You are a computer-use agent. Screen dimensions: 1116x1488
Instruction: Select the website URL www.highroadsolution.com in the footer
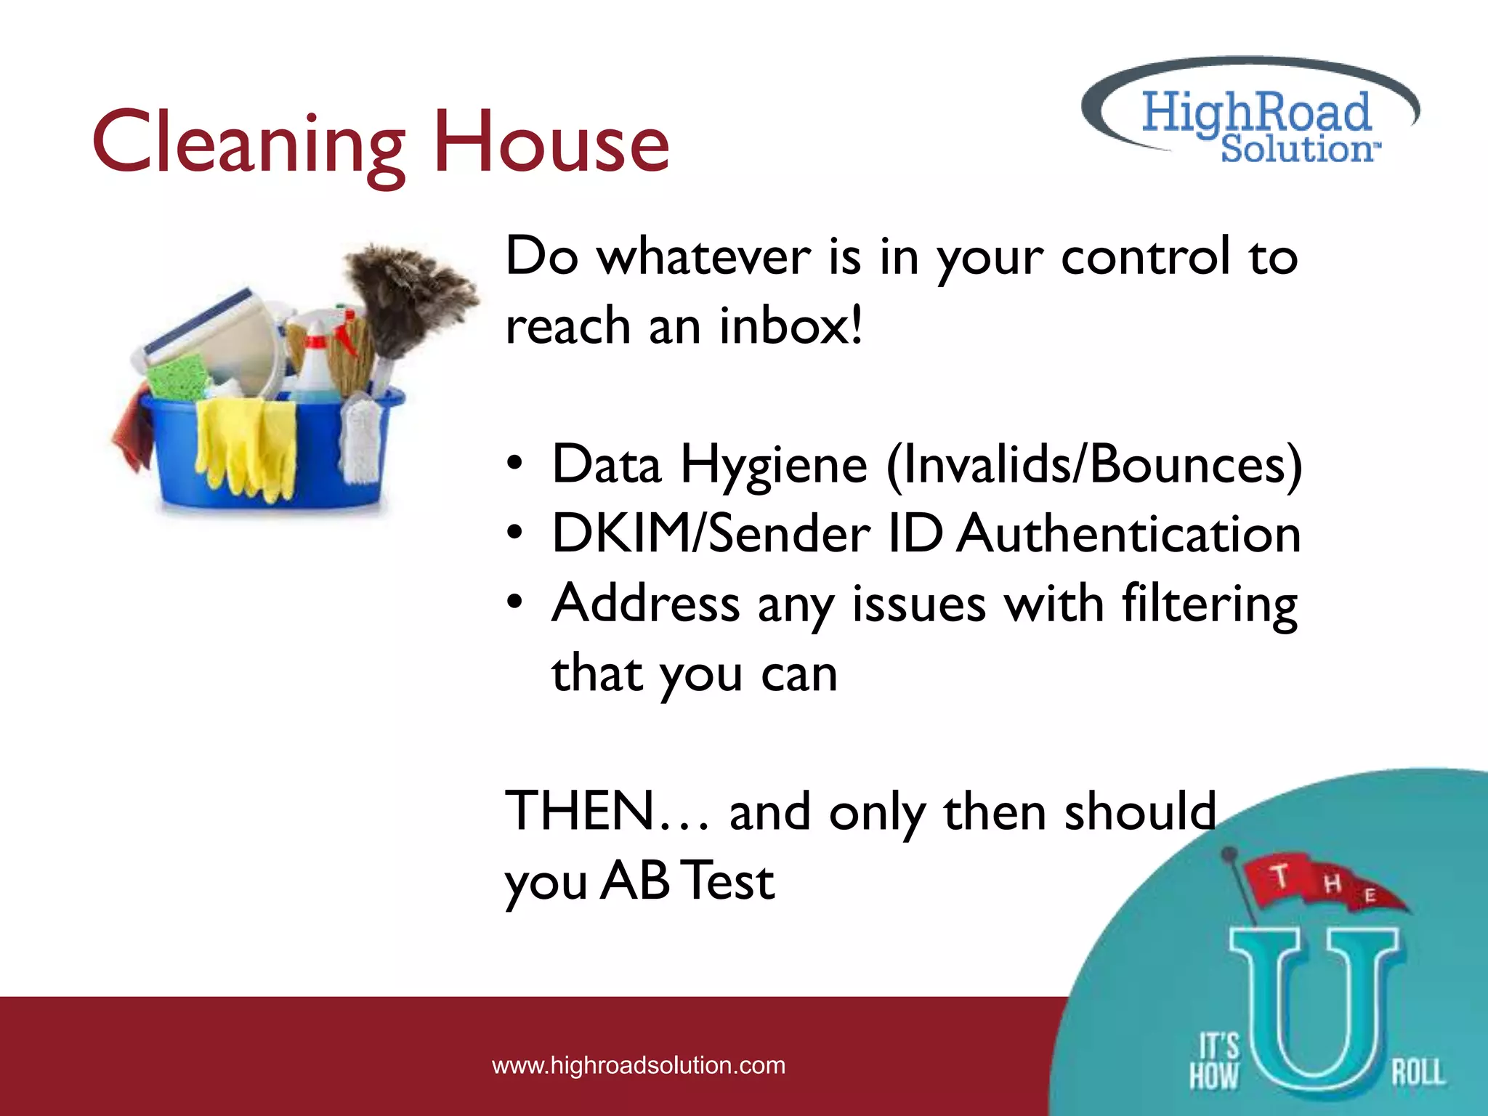pyautogui.click(x=639, y=1065)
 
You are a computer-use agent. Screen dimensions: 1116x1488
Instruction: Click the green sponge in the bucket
pyautogui.click(x=178, y=378)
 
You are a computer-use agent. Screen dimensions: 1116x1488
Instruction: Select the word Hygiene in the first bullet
pyautogui.click(x=774, y=465)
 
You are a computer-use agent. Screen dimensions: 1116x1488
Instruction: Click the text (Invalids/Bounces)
pyautogui.click(x=1094, y=465)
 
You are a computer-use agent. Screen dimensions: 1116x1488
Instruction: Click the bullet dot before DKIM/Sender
pyautogui.click(x=514, y=534)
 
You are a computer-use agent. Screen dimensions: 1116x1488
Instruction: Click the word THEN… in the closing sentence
pyautogui.click(x=607, y=811)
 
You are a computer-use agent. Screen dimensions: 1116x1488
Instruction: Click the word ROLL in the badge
pyautogui.click(x=1418, y=1072)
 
